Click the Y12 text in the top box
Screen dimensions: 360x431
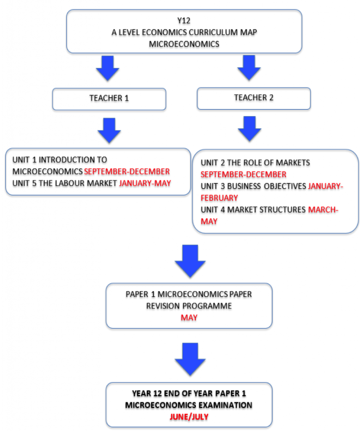click(184, 21)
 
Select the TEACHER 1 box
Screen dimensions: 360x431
click(109, 99)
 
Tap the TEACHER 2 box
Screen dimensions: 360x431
click(254, 98)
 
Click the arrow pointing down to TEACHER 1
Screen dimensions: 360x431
click(107, 69)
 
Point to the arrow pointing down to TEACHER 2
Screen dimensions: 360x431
click(249, 68)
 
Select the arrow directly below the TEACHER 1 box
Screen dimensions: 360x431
click(109, 130)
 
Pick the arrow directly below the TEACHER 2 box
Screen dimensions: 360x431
click(249, 129)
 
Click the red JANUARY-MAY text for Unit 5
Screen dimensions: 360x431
click(145, 183)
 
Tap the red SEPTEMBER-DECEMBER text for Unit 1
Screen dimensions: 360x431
click(127, 172)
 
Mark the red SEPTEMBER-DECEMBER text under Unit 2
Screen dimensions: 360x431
click(244, 175)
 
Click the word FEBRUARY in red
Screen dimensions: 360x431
click(219, 198)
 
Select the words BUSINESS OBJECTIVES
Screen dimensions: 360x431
click(266, 186)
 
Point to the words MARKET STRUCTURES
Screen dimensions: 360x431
click(266, 210)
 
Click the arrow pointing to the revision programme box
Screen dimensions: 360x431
click(190, 261)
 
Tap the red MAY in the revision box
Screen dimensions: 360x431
click(189, 318)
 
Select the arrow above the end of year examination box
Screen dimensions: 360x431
click(190, 359)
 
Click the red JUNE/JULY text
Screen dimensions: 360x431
click(189, 417)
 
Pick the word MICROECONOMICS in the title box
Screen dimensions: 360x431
click(184, 44)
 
